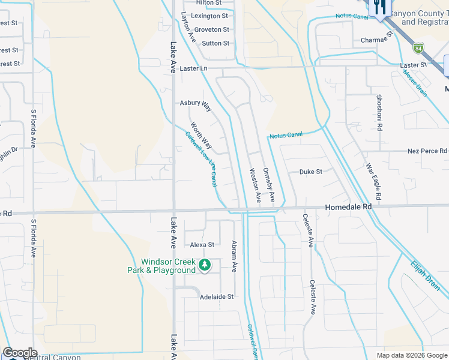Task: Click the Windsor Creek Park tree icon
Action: coord(205,265)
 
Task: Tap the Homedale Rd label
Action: coord(348,206)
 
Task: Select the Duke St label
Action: coord(311,172)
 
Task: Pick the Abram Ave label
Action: coord(234,256)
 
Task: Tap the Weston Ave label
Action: coord(255,184)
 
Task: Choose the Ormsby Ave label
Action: coord(269,184)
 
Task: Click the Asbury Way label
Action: coord(196,105)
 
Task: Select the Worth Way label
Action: coord(201,136)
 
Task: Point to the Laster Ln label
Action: coord(193,68)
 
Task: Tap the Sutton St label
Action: coord(215,43)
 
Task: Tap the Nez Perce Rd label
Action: coord(427,151)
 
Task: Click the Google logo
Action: coord(20,353)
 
